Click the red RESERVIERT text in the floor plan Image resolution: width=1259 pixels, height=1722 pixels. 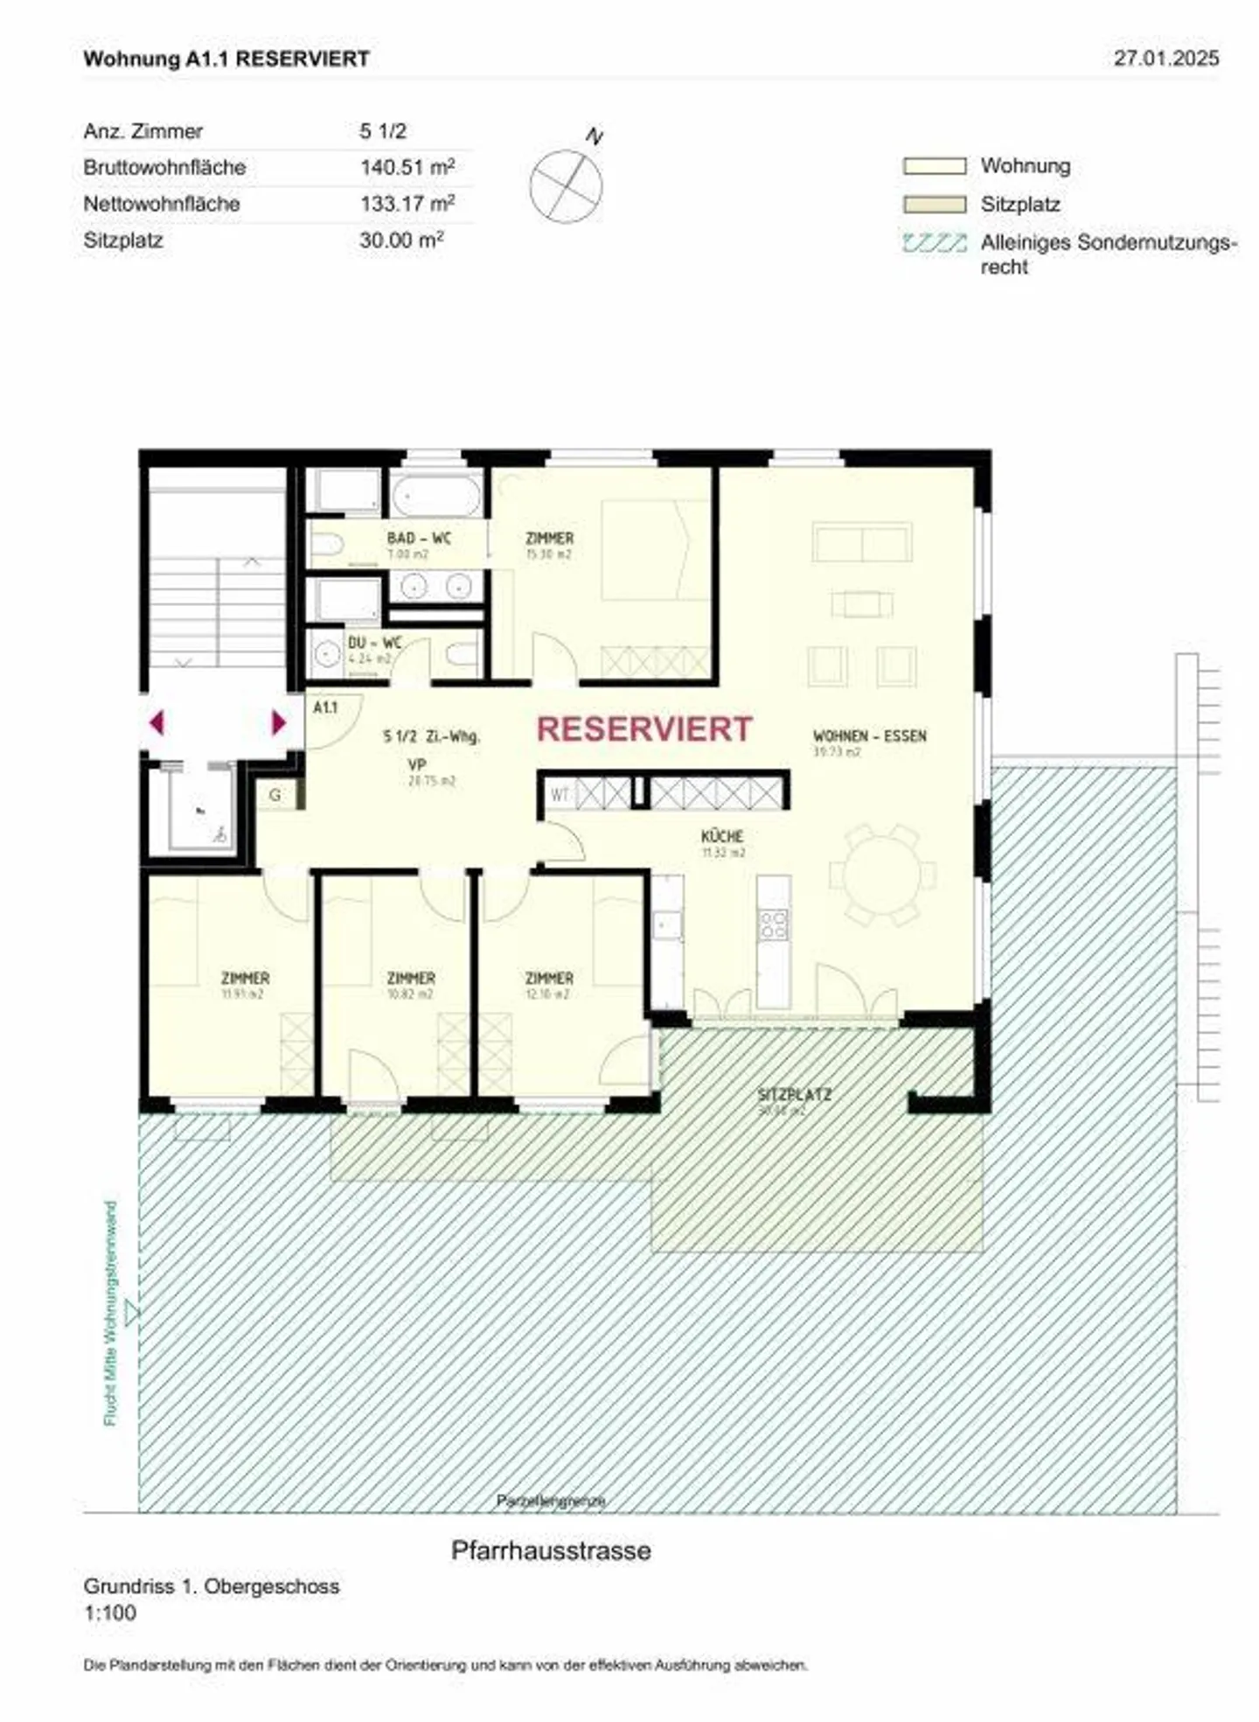[x=643, y=729]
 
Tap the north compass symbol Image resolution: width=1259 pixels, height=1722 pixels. [x=567, y=185]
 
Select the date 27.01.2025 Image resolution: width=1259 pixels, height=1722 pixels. [x=1165, y=59]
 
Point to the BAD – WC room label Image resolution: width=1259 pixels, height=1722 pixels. [x=419, y=539]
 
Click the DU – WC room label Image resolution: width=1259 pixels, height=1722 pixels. [x=374, y=643]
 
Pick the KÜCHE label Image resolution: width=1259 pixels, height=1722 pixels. [x=721, y=837]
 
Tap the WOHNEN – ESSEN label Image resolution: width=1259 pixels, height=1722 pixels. [x=869, y=736]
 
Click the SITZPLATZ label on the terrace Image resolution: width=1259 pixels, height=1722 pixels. [x=794, y=1095]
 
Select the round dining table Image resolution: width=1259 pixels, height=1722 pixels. [x=882, y=875]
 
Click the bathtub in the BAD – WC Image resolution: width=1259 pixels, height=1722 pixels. [x=435, y=497]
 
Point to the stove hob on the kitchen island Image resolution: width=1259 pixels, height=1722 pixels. [x=773, y=925]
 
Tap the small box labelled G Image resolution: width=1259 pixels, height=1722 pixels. [x=275, y=795]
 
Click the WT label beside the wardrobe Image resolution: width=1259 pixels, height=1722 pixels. [x=560, y=795]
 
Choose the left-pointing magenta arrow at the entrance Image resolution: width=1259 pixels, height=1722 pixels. [x=157, y=723]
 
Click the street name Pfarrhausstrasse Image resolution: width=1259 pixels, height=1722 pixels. [x=551, y=1551]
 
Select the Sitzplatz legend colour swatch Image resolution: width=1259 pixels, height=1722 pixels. [x=934, y=205]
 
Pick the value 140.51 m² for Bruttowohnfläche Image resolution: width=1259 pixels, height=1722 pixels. [x=407, y=167]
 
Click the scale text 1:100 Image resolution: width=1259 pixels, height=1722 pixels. [x=110, y=1613]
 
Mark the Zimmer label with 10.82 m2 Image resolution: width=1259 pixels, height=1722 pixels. [x=411, y=978]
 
